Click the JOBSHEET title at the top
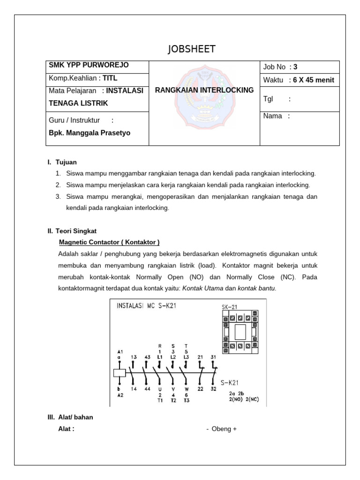[x=192, y=50]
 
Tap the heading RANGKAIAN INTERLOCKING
[x=204, y=90]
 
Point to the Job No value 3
[x=295, y=67]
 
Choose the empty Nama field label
[x=277, y=116]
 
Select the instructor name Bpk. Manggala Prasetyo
[x=90, y=133]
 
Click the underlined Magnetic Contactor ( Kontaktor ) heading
[x=109, y=242]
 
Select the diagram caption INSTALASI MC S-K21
[x=146, y=307]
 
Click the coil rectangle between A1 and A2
[x=120, y=373]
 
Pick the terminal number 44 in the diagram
[x=148, y=389]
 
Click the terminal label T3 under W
[x=187, y=400]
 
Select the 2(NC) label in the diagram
[x=251, y=400]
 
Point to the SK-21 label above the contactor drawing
[x=230, y=307]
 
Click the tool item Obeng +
[x=221, y=429]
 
